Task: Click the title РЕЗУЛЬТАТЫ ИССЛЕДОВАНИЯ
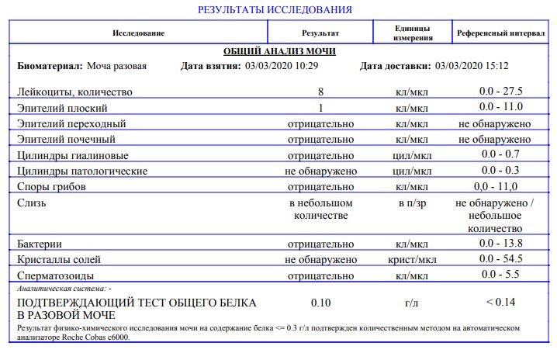pos(275,10)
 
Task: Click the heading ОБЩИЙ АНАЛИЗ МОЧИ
pos(279,51)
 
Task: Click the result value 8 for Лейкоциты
pos(320,92)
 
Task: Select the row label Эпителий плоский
pos(62,108)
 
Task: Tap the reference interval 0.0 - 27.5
pos(500,92)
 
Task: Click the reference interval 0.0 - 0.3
pos(500,171)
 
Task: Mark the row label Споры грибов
pos(51,187)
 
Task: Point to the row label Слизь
pos(31,203)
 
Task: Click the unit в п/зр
pos(411,203)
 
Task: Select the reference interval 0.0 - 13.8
pos(500,244)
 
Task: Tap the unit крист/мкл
pos(411,260)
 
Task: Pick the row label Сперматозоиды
pos(56,275)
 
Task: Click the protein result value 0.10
pos(320,302)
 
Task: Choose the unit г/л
pos(411,302)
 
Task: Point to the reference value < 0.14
pos(500,302)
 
